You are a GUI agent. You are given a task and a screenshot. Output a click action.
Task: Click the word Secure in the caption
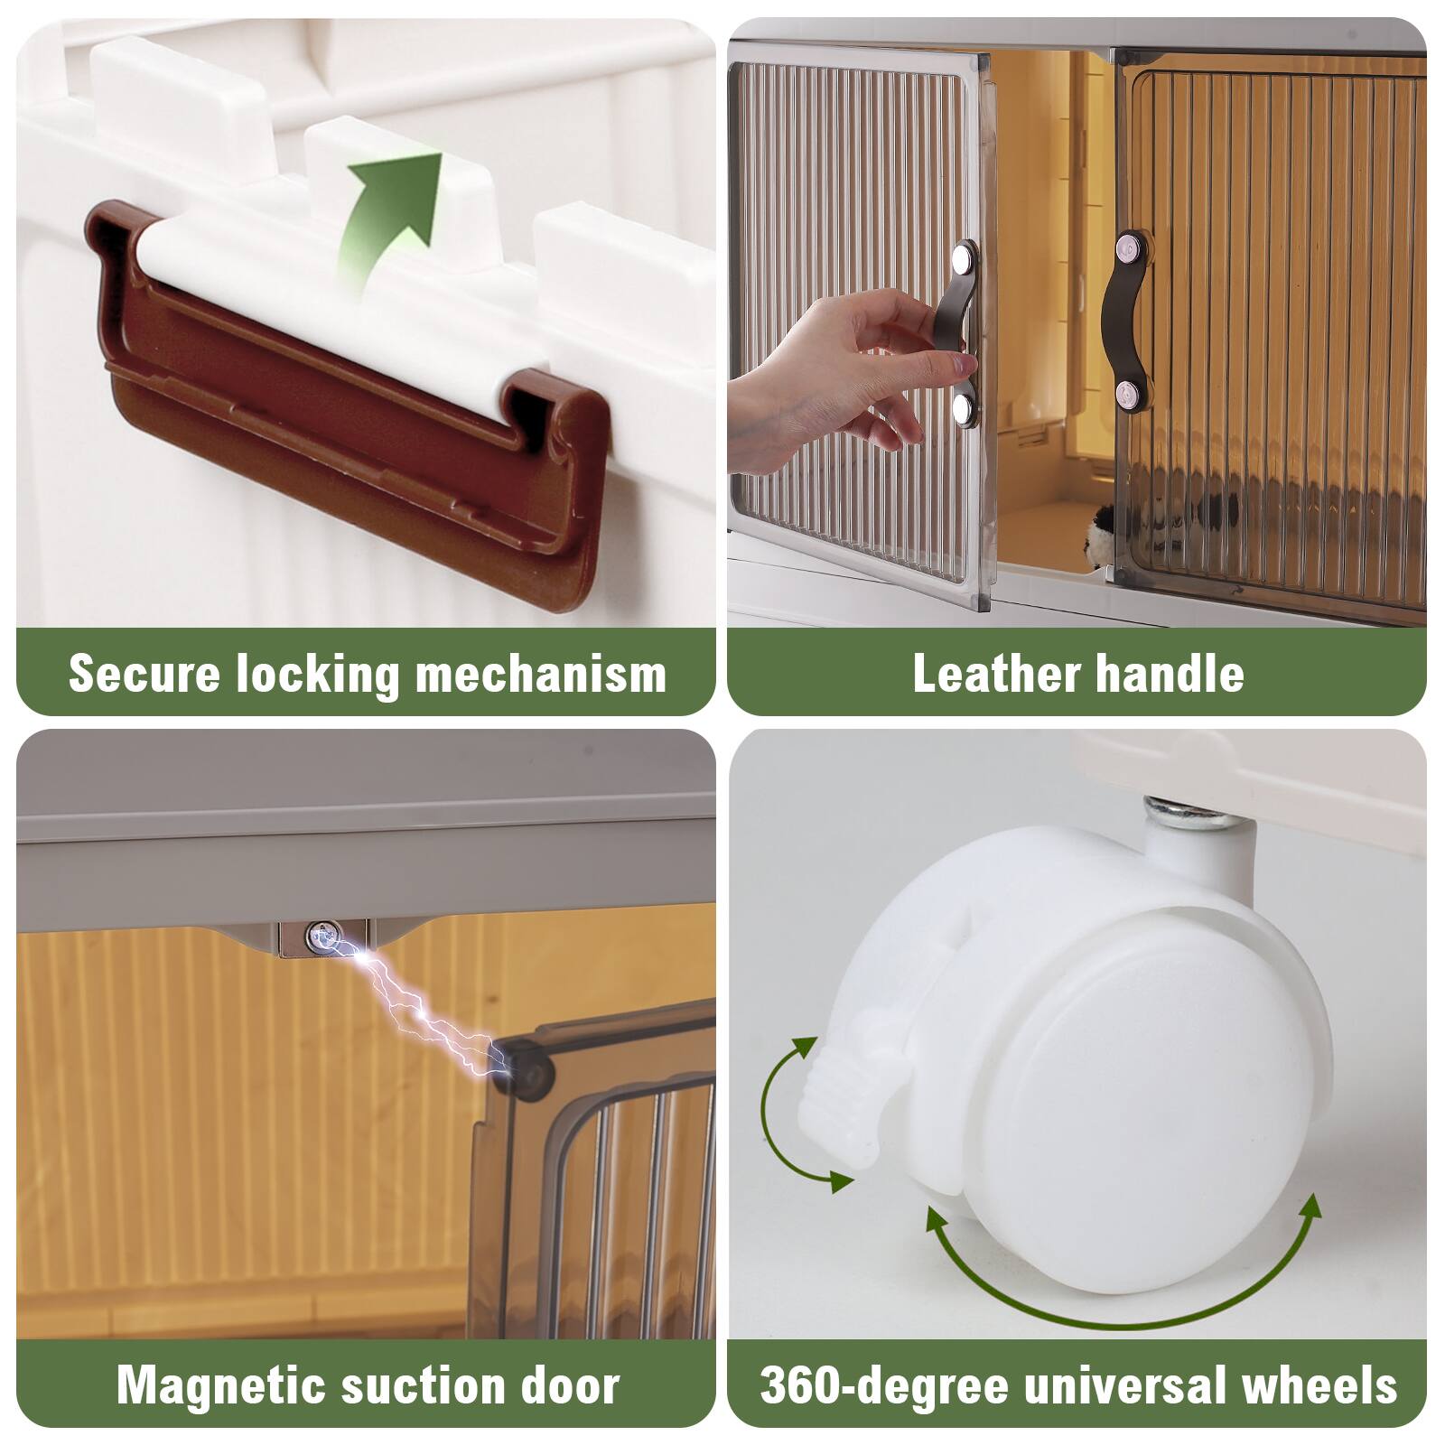coord(144,674)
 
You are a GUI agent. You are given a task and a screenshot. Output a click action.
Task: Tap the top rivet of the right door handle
coord(1127,247)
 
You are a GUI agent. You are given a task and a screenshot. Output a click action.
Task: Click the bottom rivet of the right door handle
coord(1125,392)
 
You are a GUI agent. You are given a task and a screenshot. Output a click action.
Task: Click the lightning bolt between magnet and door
coord(415,1007)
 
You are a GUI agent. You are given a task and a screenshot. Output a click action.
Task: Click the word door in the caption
coord(569,1384)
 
